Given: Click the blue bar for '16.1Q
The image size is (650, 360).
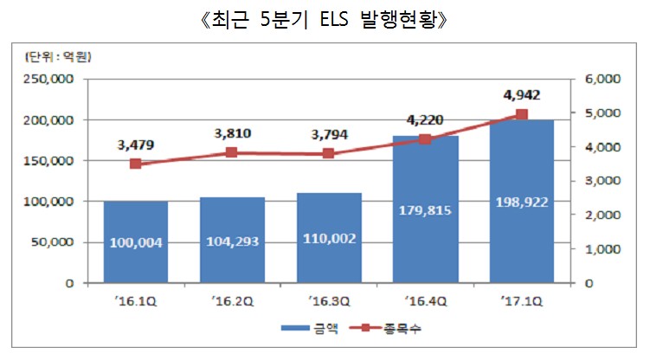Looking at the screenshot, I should pos(135,241).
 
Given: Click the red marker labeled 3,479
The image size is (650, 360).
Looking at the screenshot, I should pos(135,164).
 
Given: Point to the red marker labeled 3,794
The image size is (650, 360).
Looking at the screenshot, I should pos(329,153).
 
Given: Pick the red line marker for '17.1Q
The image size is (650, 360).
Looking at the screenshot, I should pos(522,114).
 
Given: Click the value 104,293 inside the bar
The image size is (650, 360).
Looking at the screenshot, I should pos(232,241).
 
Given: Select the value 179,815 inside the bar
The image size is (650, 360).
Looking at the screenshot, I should pos(426,209).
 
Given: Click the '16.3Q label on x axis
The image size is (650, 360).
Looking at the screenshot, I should pos(329,301).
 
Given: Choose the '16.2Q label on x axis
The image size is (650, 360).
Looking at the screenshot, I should pos(232,301).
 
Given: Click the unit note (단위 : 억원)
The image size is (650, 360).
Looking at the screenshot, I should pos(56,58).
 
